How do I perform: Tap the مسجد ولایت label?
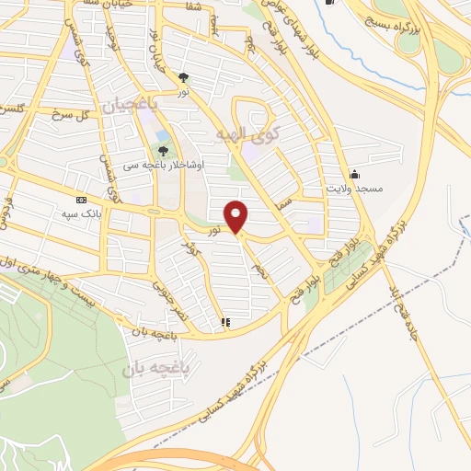(x=353, y=187)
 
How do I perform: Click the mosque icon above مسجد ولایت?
(x=353, y=174)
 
